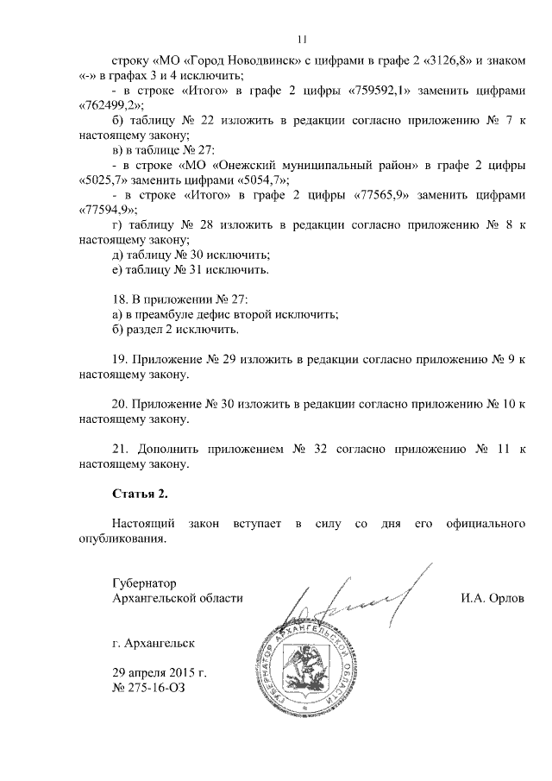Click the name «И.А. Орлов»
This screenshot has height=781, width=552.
point(492,598)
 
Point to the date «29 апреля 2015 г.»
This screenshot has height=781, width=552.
point(160,673)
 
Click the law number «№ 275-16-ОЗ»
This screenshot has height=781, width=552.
point(148,689)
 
